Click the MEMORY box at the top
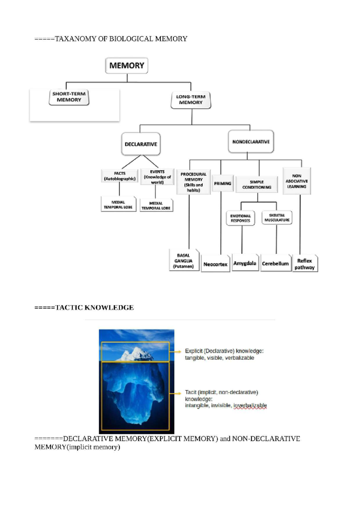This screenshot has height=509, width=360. click(127, 66)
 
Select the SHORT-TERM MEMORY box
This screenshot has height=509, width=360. click(69, 97)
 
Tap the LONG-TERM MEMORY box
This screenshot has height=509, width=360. click(191, 100)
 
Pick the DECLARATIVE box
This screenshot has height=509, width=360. click(141, 144)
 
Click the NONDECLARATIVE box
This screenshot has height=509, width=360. click(251, 142)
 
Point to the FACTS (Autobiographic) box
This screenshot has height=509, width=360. click(120, 176)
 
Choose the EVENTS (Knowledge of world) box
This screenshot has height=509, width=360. click(157, 177)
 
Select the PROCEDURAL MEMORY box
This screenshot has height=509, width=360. click(193, 182)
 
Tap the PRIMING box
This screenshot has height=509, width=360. click(223, 183)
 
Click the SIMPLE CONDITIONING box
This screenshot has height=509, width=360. click(257, 184)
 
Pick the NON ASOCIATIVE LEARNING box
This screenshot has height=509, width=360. click(297, 181)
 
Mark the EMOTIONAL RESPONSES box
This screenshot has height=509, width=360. click(240, 218)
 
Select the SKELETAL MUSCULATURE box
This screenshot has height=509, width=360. click(277, 218)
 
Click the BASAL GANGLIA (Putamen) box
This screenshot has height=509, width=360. click(184, 260)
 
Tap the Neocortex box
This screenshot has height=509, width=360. click(215, 264)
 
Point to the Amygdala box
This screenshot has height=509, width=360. click(245, 263)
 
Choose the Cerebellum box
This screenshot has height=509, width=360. click(275, 263)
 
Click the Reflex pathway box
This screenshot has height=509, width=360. click(304, 264)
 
